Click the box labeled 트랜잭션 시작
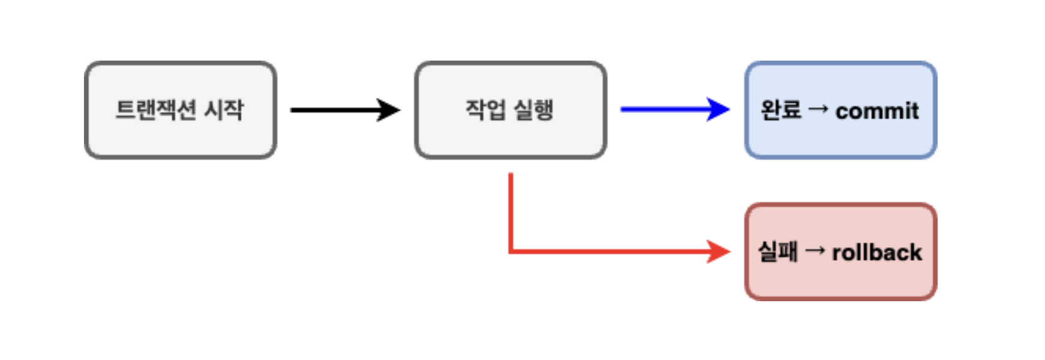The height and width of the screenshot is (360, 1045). click(180, 110)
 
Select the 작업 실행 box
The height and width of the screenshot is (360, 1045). click(510, 110)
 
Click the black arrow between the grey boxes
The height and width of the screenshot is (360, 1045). click(336, 110)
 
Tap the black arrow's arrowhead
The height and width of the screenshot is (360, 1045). click(389, 110)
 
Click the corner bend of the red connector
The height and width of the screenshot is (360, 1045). click(511, 251)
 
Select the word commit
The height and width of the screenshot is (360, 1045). click(876, 111)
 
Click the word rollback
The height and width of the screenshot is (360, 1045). click(876, 253)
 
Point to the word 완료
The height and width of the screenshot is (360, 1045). click(780, 110)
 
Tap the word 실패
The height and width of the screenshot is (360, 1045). click(777, 251)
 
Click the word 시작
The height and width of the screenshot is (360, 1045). click(224, 110)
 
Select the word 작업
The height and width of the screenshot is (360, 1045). click(486, 110)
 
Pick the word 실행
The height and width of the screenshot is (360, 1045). click(533, 110)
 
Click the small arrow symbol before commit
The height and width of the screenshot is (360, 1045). click(818, 109)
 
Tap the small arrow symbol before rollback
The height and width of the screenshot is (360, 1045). click(815, 251)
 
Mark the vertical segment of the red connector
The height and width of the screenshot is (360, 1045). click(511, 210)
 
